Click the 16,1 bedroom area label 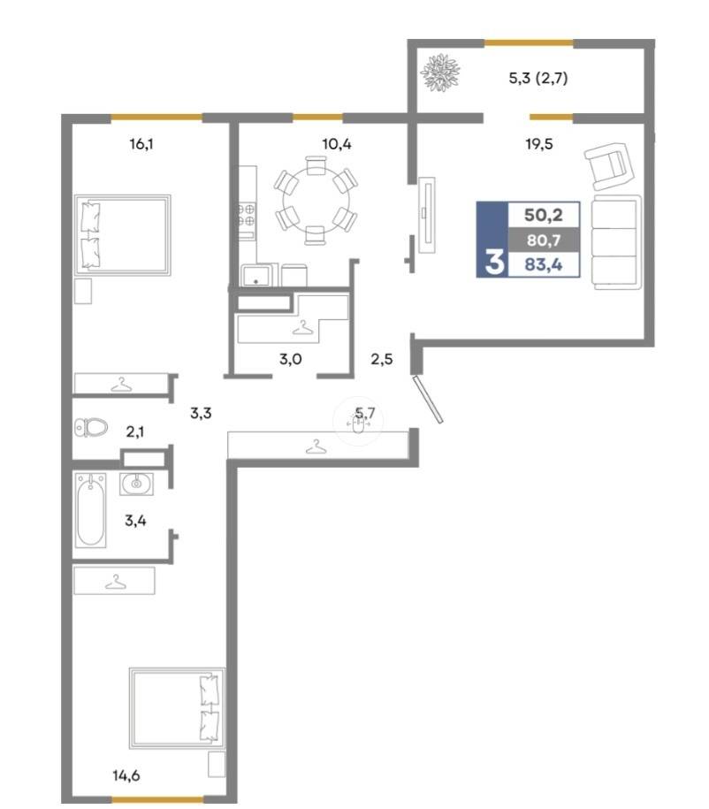141,144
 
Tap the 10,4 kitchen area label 337,144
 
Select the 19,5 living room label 538,144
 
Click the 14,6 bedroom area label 126,775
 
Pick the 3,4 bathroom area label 135,521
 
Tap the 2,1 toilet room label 134,431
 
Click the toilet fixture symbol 91,427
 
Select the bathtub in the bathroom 90,510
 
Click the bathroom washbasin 136,484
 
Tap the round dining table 316,201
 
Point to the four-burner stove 247,215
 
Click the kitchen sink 256,275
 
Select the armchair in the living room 609,166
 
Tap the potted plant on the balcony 440,73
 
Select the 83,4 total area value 544,265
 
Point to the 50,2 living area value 544,215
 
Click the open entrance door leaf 428,400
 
